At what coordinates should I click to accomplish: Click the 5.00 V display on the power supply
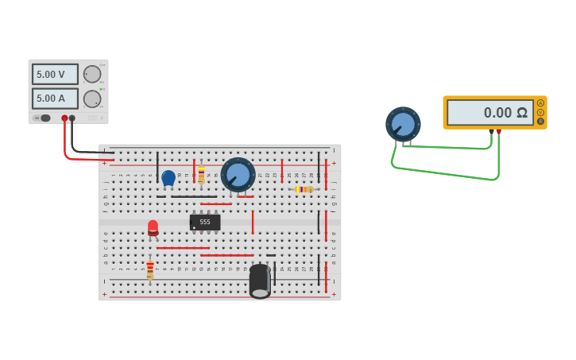tap(55, 74)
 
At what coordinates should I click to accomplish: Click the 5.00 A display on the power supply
tap(55, 99)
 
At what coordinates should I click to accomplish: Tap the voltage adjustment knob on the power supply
tap(92, 74)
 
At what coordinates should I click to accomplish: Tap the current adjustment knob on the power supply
tap(92, 99)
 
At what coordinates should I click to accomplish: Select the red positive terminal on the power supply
tap(65, 118)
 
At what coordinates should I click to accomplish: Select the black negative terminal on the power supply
tap(72, 118)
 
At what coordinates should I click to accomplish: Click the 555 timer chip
tap(205, 223)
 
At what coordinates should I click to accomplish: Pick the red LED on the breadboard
tap(153, 228)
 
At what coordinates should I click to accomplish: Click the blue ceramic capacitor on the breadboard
tap(168, 177)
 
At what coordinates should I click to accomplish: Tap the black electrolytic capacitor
tap(260, 281)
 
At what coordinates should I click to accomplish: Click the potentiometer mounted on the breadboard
tap(238, 174)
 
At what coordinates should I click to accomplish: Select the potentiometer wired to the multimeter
tap(403, 124)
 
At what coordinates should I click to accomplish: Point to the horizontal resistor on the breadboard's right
tap(304, 189)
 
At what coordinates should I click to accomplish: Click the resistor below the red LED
tap(149, 269)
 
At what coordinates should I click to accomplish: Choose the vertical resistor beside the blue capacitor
tap(201, 175)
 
